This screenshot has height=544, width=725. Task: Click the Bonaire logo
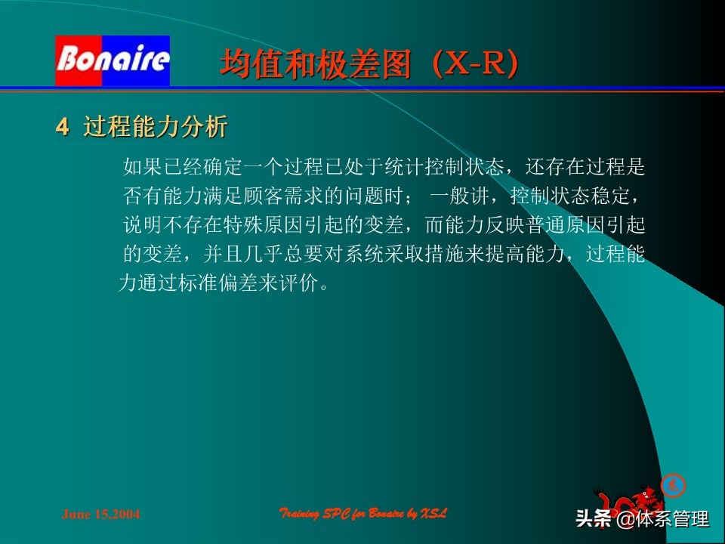[113, 60]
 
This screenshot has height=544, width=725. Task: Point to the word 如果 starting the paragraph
[141, 166]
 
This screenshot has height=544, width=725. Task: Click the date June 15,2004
[100, 515]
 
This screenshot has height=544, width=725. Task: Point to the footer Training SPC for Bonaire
[363, 514]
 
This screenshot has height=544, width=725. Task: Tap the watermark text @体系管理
[663, 520]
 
